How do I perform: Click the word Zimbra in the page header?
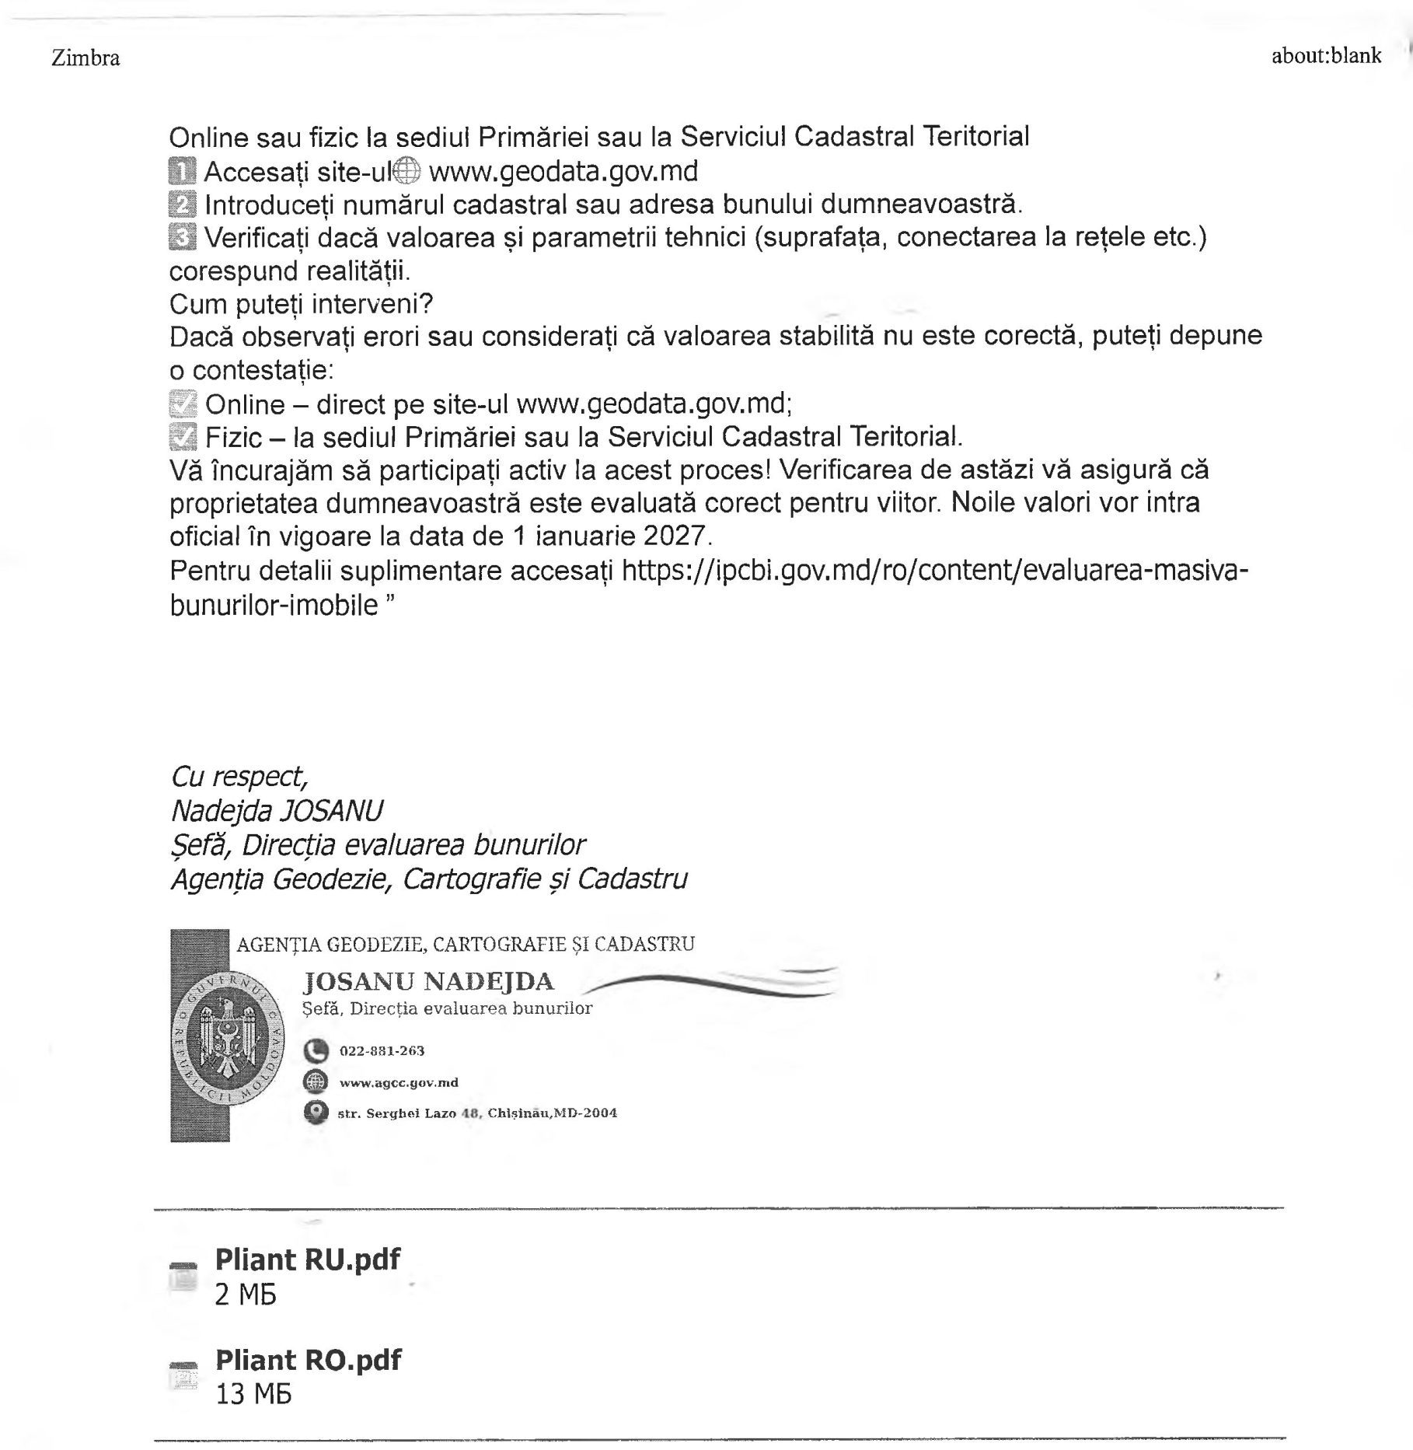pyautogui.click(x=85, y=58)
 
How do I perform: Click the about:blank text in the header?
pyautogui.click(x=1326, y=56)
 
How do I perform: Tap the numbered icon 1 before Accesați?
pyautogui.click(x=183, y=170)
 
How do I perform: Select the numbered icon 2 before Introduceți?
pyautogui.click(x=183, y=204)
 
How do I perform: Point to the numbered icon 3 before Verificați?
pyautogui.click(x=183, y=237)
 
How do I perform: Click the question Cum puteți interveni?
pyautogui.click(x=301, y=303)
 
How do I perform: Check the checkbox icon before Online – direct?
pyautogui.click(x=183, y=404)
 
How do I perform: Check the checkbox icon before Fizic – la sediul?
pyautogui.click(x=183, y=438)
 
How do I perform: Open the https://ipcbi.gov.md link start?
pyautogui.click(x=777, y=571)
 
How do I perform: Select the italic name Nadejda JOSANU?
pyautogui.click(x=277, y=811)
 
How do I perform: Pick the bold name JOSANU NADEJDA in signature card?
pyautogui.click(x=428, y=982)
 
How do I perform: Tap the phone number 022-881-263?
pyautogui.click(x=382, y=1051)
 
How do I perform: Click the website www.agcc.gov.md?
pyautogui.click(x=399, y=1082)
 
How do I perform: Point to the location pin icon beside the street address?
pyautogui.click(x=316, y=1113)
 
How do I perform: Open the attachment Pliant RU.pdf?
pyautogui.click(x=307, y=1259)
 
